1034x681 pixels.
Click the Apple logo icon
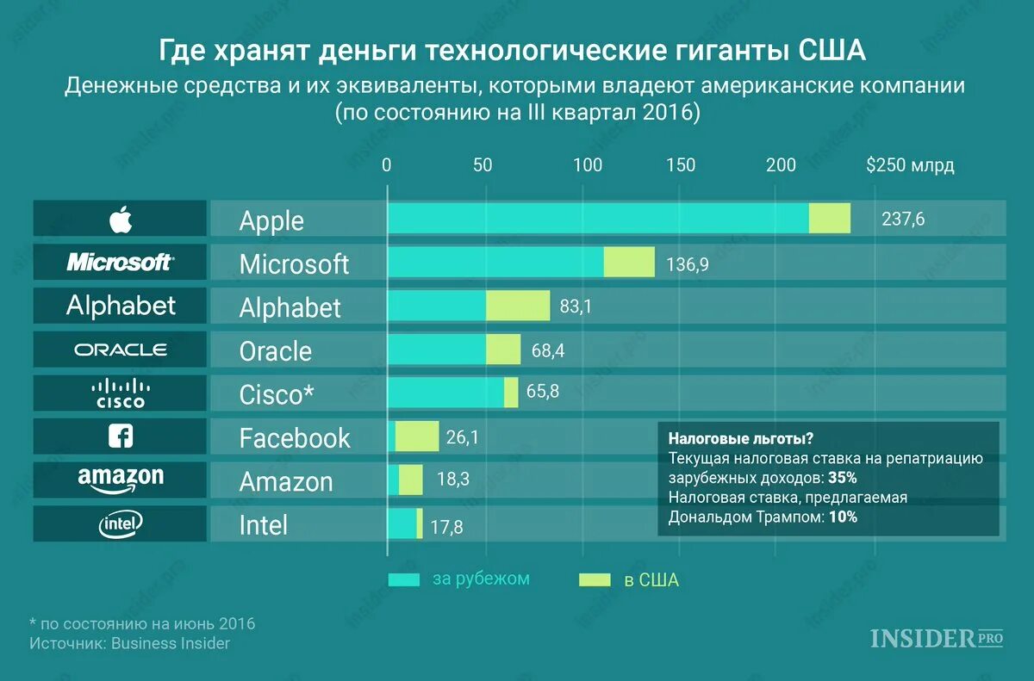tap(121, 219)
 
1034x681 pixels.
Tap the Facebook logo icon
tap(121, 436)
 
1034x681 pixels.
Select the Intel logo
tap(121, 523)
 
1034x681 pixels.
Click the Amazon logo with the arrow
tap(121, 480)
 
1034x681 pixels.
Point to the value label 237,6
tap(903, 220)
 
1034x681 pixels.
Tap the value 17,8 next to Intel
tap(446, 527)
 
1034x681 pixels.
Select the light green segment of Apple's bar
tap(829, 219)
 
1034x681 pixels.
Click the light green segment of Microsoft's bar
tap(629, 262)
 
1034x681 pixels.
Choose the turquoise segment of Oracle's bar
tap(437, 350)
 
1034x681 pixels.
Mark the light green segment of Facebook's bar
tap(417, 436)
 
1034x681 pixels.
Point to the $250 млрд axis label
tap(910, 165)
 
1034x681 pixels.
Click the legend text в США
tap(651, 580)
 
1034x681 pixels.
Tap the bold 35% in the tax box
tap(842, 478)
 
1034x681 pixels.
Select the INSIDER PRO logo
tap(937, 639)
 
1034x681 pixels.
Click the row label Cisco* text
tap(276, 393)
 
